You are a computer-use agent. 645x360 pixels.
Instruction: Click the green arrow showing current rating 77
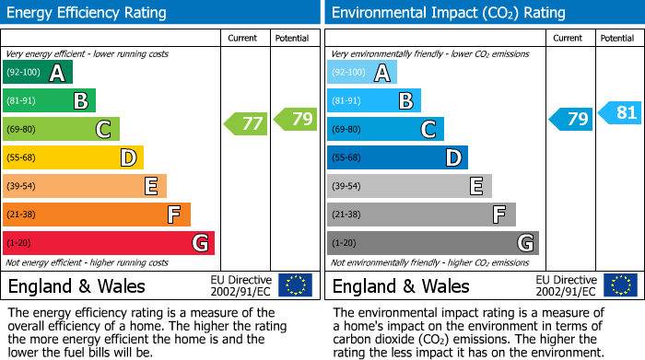coord(246,123)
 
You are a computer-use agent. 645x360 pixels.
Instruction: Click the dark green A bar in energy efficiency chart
coord(38,73)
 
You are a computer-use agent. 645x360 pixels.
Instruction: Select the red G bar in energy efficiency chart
coord(109,243)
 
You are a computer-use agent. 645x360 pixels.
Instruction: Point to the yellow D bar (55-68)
coord(73,158)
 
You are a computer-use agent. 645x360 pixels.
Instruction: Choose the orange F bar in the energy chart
coord(97,215)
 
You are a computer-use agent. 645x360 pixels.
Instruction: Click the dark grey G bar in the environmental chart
coord(432,243)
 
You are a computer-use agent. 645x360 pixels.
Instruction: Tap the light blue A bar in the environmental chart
coord(362,73)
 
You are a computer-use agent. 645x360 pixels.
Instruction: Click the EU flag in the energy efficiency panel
coord(295,285)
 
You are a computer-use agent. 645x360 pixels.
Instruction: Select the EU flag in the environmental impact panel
coord(619,285)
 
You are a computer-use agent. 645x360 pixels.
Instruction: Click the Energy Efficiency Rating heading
coord(88,13)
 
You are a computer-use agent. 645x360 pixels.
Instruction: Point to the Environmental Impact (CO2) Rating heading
coord(447,13)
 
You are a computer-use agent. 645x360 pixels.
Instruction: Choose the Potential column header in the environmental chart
coord(616,38)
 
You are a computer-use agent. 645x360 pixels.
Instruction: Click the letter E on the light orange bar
coord(150,187)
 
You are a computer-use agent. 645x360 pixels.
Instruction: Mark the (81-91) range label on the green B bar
coord(20,101)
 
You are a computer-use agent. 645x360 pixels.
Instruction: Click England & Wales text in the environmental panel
coord(401,286)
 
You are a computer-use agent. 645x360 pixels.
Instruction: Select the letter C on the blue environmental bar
coord(428,130)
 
